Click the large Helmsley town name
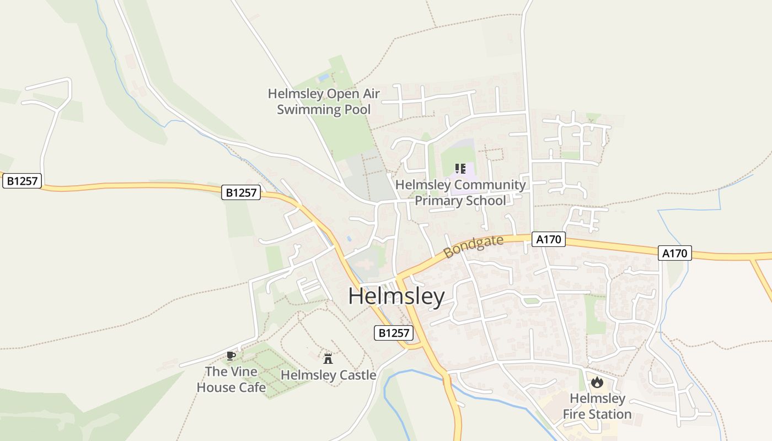click(396, 297)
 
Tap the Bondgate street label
click(474, 246)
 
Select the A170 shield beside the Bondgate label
click(549, 239)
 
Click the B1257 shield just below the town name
click(394, 333)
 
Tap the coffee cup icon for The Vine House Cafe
click(231, 356)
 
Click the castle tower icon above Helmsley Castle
click(328, 358)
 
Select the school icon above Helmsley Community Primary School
click(460, 169)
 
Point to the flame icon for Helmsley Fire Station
click(597, 382)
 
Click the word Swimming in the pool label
click(309, 109)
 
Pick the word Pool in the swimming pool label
click(357, 109)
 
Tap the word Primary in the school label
click(438, 201)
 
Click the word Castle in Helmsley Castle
click(357, 375)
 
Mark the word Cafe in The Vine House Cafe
click(251, 388)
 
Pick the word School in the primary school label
click(486, 201)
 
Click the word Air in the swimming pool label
click(371, 94)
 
